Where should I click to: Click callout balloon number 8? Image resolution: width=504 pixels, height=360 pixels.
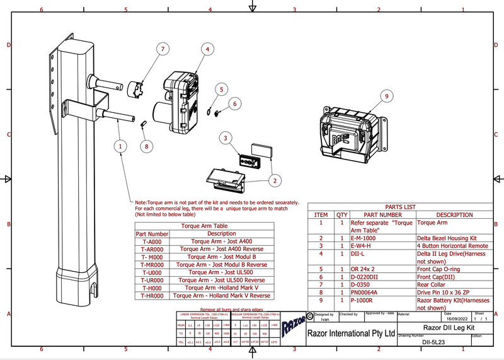pos(147,146)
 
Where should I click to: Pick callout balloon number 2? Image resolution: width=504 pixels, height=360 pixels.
pos(274,181)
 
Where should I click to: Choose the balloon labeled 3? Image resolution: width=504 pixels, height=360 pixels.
pos(224,137)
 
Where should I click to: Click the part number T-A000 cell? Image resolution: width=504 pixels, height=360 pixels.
pos(152,241)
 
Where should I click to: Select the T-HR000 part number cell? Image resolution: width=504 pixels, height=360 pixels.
pos(152,295)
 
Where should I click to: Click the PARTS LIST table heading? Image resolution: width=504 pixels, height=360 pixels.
pos(400,207)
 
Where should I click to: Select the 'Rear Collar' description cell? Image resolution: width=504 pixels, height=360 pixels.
pos(431,284)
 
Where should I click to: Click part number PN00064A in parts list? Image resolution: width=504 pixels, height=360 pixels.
pos(367,293)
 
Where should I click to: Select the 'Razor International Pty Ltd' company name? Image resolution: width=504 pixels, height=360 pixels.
pos(350,332)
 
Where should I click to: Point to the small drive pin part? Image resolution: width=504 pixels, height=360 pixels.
pos(143,122)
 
